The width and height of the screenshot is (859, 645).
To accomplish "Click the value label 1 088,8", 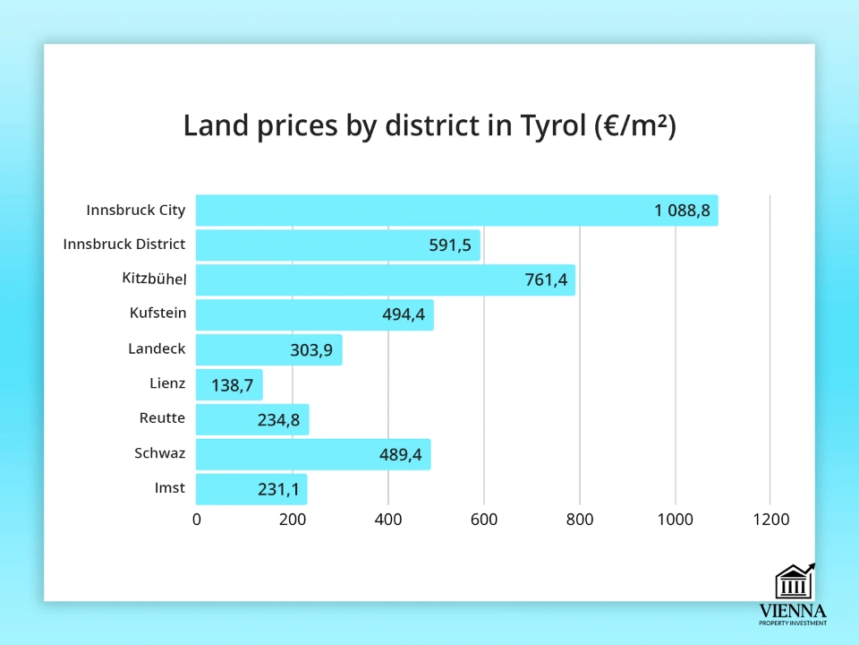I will pos(682,211).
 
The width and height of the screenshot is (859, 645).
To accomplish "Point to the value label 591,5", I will pos(450,245).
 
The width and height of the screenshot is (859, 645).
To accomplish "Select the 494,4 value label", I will pos(403,315).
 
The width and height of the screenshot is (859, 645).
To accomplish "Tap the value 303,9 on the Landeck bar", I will pos(311,350).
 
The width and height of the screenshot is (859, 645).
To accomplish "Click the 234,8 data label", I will pos(277,420).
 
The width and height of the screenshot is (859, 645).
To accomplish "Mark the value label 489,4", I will pos(400,455).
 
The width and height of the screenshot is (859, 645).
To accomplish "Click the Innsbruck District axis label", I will pos(124,244).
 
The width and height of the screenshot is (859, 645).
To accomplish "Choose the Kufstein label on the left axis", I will pos(157,314).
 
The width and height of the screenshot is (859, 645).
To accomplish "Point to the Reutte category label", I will pos(162,418).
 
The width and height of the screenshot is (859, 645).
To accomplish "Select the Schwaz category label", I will pos(159,453).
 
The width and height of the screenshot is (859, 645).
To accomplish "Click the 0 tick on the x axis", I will pos(197,519).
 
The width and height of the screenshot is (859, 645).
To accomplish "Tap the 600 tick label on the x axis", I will pos(484,519).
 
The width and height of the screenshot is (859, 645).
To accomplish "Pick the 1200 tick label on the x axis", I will pos(771,519).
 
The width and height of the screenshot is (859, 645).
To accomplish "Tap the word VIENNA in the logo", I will pos(793,611).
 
